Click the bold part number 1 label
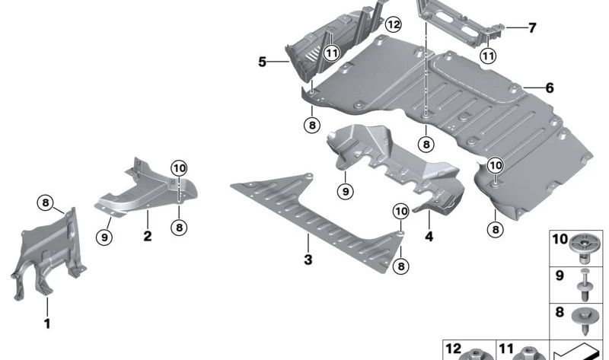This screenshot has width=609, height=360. pos(46,323)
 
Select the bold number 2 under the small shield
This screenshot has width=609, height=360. pos(148,237)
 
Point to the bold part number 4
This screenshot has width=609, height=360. pos(429,237)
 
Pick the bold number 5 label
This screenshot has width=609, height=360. pos(262,61)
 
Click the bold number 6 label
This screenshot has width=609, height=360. pos(549,88)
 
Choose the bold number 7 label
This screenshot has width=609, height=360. pos(532,29)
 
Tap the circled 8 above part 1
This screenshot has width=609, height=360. pos(46,202)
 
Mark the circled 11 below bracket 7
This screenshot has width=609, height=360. pos(488,55)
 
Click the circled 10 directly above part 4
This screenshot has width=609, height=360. pos(401,209)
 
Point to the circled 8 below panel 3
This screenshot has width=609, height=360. pos(401,265)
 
